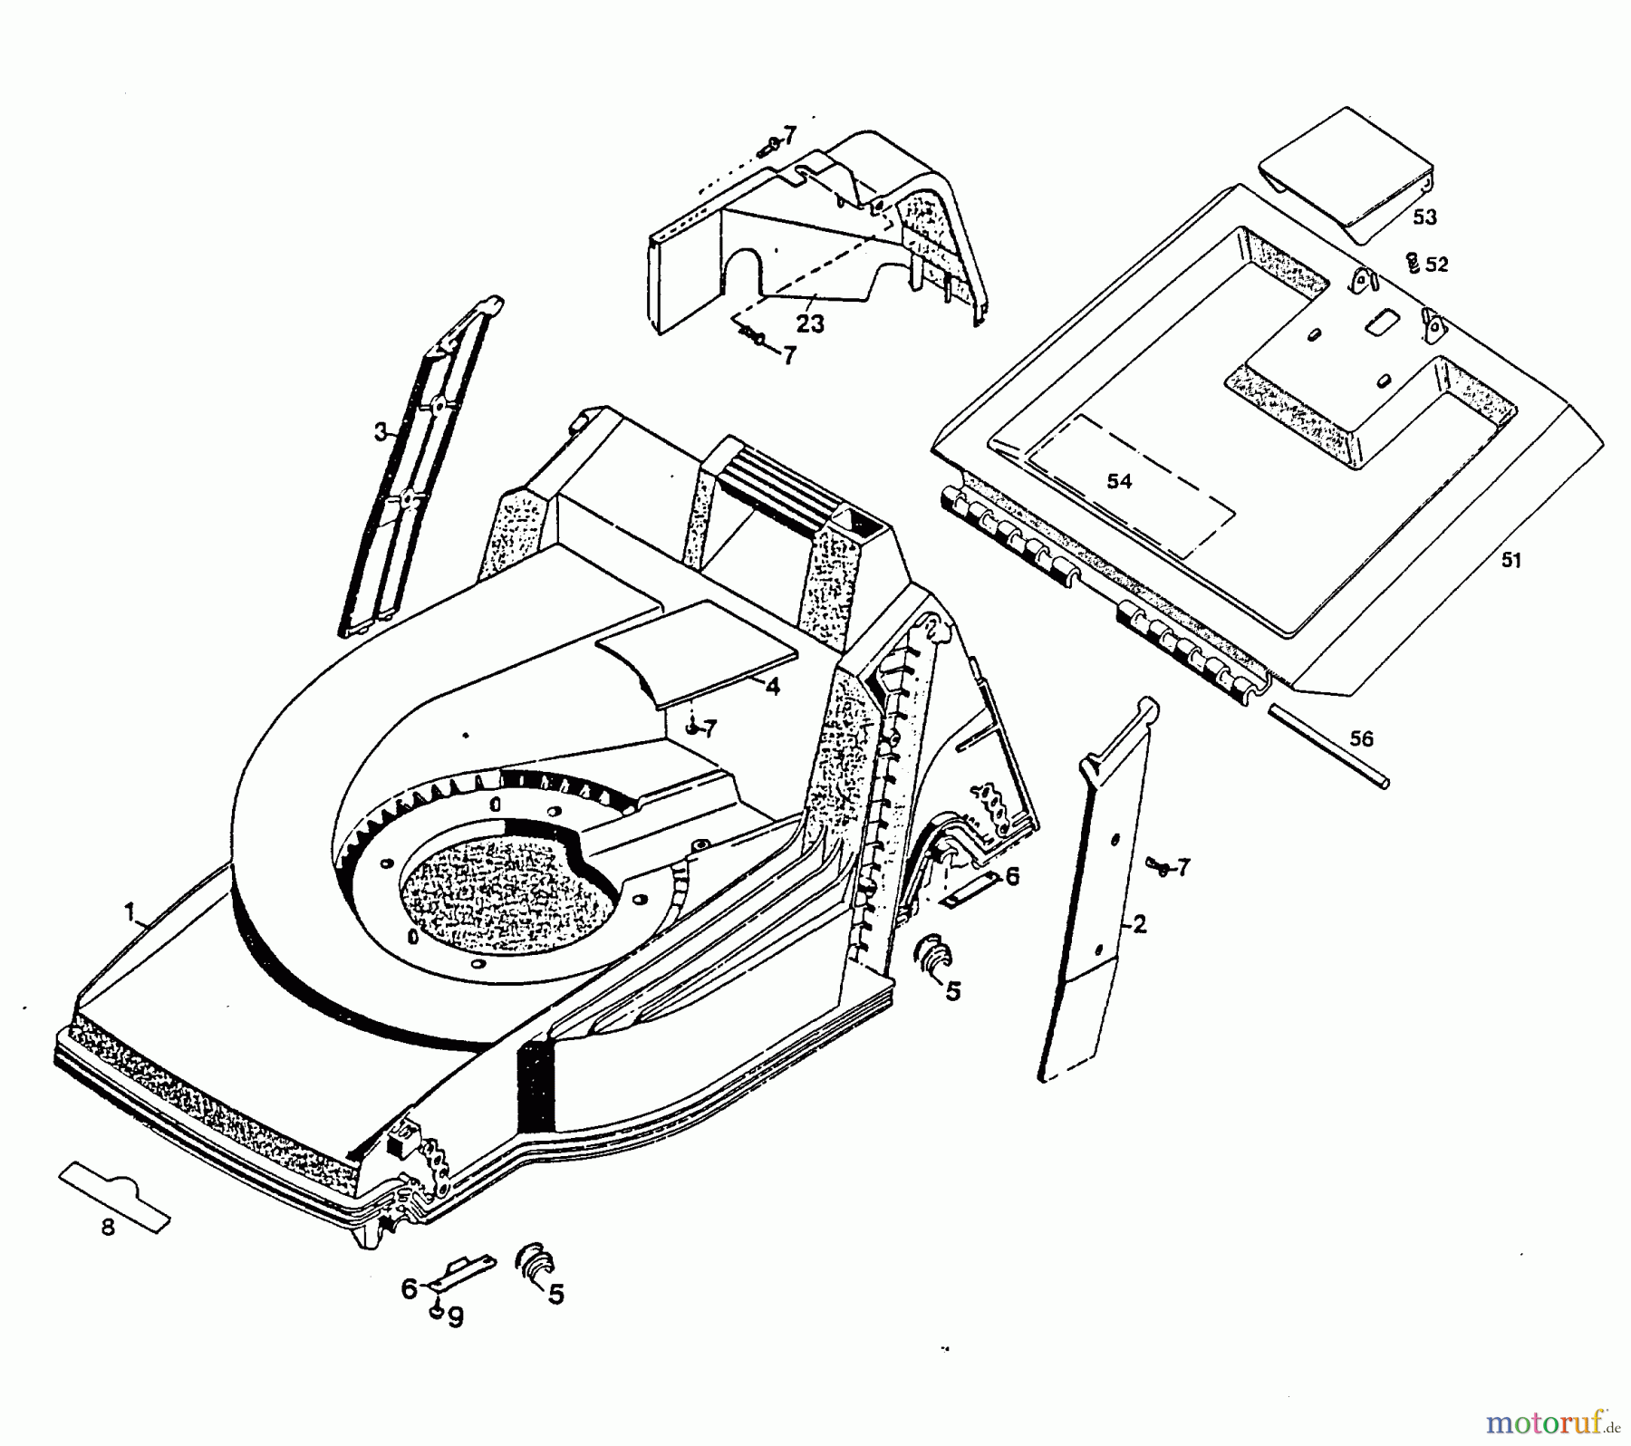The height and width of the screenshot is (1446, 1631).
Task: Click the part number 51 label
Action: tap(1510, 560)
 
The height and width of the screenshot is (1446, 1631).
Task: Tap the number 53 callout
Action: tap(1425, 217)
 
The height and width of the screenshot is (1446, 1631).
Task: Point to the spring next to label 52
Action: tap(1411, 264)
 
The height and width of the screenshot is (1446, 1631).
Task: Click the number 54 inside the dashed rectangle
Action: tap(1120, 481)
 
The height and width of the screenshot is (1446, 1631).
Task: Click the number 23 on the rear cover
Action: tap(810, 323)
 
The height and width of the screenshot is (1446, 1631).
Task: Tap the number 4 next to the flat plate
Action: tap(772, 686)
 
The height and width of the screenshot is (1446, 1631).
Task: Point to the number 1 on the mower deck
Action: tap(130, 910)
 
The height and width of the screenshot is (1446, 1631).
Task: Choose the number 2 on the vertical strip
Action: tap(1140, 924)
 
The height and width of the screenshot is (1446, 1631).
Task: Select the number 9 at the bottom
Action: tap(456, 1316)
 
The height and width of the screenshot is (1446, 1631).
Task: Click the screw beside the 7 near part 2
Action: tap(1157, 865)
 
